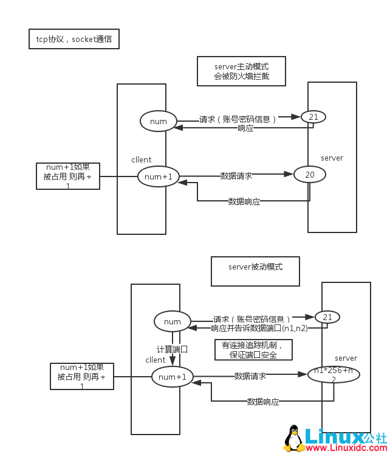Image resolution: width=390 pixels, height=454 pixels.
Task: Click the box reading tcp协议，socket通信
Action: click(x=74, y=39)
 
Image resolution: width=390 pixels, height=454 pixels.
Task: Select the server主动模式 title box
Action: click(x=241, y=71)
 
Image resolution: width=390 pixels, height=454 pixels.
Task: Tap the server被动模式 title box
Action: click(x=255, y=271)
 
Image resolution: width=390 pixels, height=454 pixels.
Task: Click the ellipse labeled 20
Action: click(x=310, y=175)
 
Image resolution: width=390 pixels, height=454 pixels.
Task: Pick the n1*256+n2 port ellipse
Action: click(x=334, y=374)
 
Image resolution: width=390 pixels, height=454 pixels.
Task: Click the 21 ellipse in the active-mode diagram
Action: click(x=313, y=117)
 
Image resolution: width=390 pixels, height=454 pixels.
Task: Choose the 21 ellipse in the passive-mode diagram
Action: click(x=327, y=317)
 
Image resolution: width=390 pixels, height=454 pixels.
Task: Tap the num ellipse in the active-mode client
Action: click(x=158, y=121)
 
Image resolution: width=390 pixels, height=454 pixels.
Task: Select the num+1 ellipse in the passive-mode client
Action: click(x=172, y=377)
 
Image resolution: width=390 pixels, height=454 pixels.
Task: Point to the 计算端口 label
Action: click(x=172, y=349)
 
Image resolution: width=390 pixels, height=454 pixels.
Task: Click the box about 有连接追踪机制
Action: click(x=253, y=349)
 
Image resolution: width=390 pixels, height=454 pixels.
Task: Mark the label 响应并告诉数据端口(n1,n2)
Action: click(x=259, y=328)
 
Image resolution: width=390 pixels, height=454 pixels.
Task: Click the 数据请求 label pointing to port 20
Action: click(x=236, y=176)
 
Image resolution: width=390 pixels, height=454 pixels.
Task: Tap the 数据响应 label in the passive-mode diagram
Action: click(x=262, y=402)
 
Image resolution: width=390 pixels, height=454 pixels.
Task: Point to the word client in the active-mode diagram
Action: click(x=141, y=160)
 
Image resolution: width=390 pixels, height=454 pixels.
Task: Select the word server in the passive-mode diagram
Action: click(x=346, y=358)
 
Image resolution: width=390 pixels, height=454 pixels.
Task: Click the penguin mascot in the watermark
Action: click(x=294, y=438)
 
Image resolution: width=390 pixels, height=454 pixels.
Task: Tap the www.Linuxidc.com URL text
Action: click(x=346, y=448)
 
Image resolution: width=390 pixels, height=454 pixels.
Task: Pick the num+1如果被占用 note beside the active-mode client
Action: click(x=67, y=176)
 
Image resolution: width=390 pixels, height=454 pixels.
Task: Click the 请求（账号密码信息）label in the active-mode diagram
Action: click(x=238, y=120)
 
